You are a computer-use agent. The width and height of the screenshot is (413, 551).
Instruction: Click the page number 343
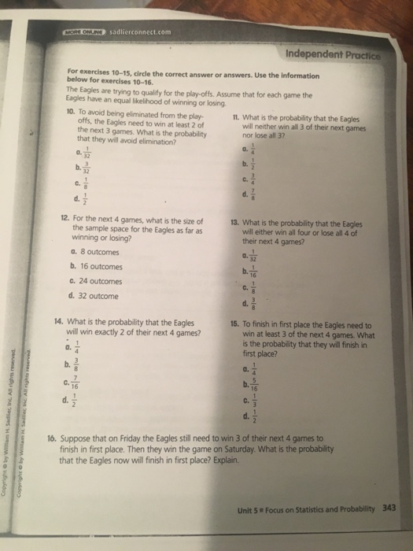388,507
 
